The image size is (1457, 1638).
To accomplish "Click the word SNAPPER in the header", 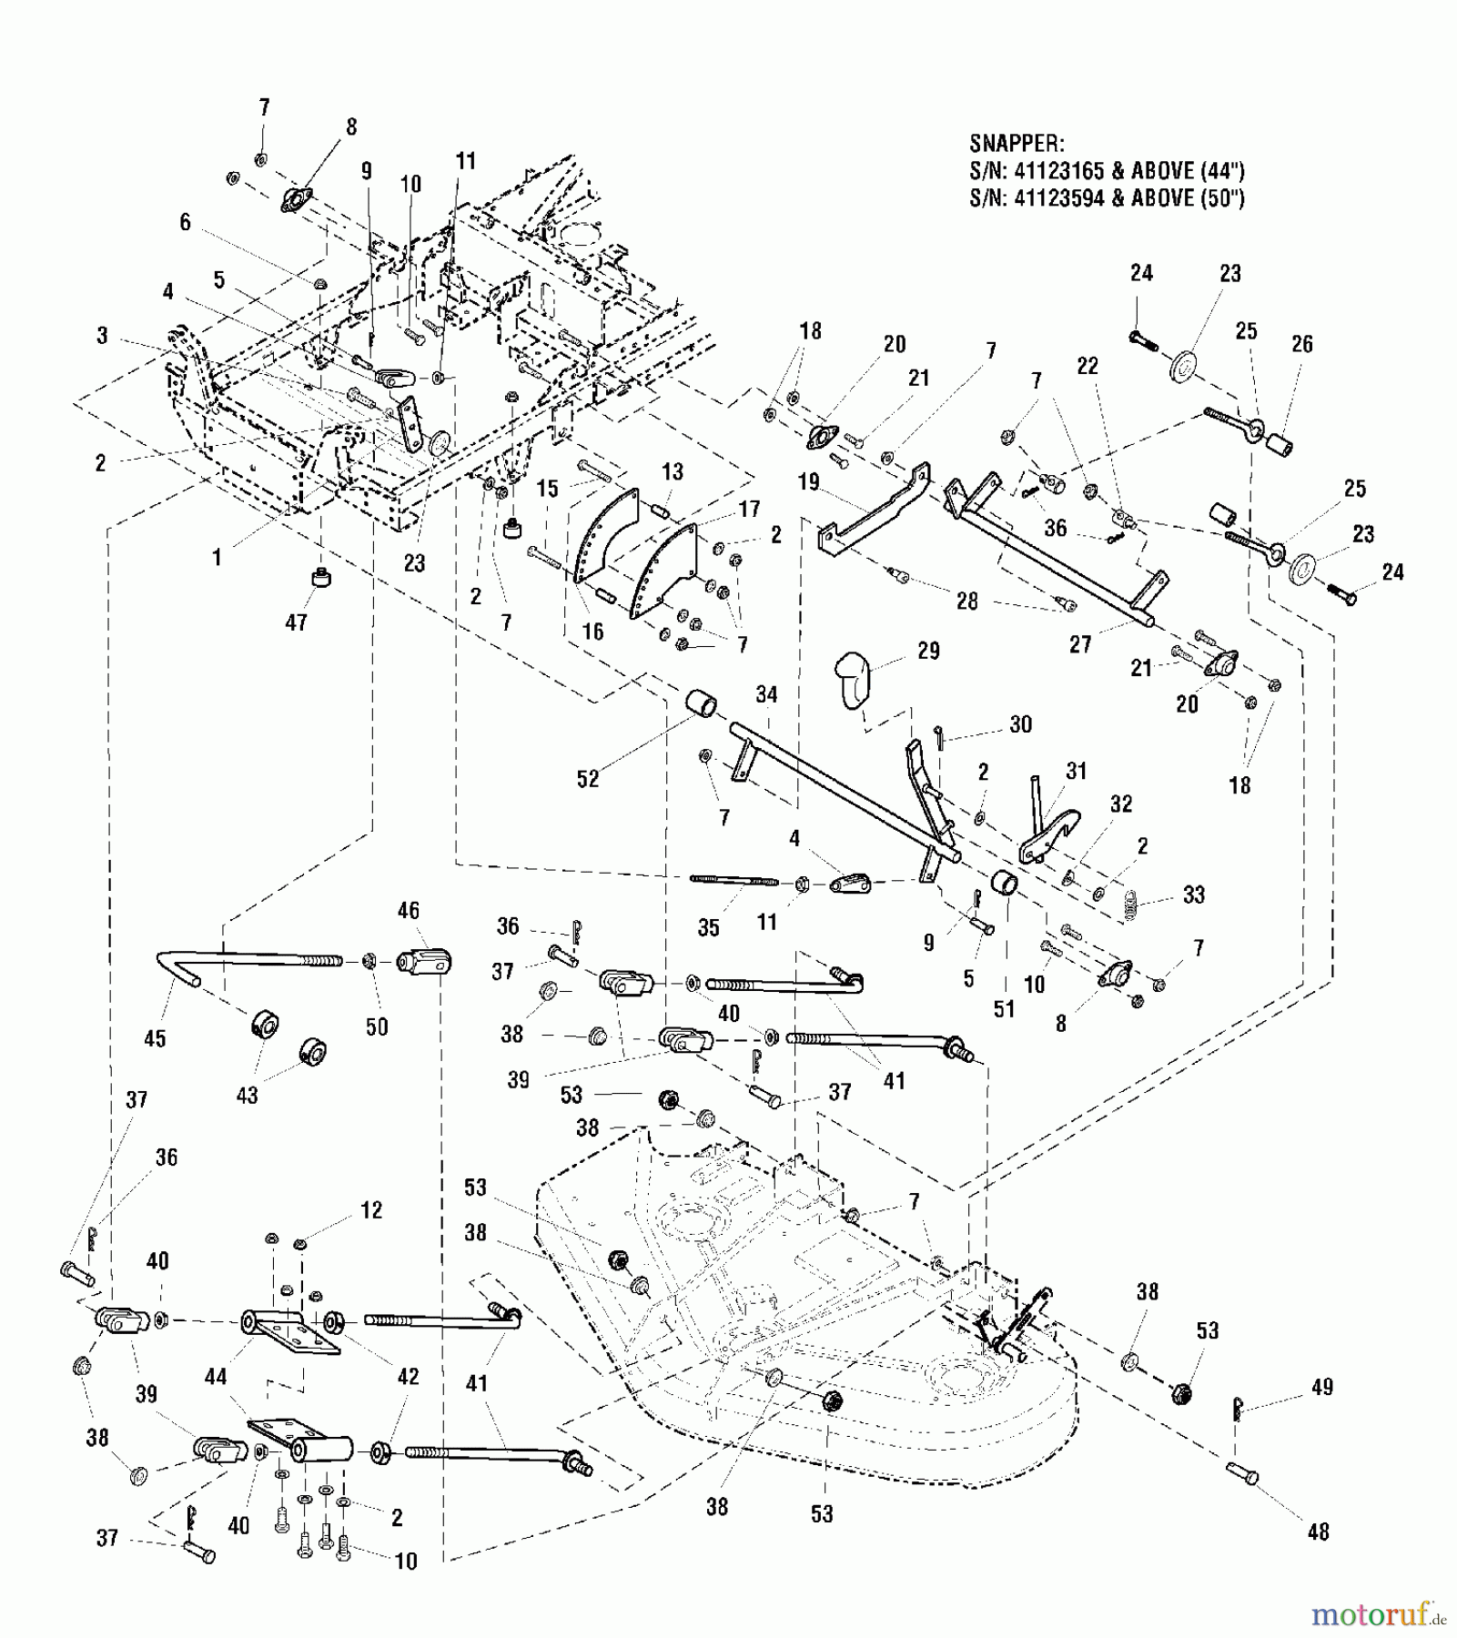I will (1015, 145).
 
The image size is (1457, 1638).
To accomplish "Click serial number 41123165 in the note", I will (1059, 171).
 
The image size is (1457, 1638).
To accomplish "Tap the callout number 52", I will (588, 779).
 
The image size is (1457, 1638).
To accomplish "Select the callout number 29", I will (928, 651).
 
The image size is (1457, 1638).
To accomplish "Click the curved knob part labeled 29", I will (853, 676).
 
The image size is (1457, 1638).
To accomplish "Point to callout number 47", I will (297, 622).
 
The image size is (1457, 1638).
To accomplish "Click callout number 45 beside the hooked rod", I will (156, 1038).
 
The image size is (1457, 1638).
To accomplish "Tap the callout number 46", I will (409, 910).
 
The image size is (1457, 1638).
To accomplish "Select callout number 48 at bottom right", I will (1318, 1532).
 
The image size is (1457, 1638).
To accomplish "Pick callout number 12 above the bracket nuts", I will (371, 1210).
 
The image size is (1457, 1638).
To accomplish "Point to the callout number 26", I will (1302, 344).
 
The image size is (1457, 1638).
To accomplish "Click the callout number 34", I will (766, 695).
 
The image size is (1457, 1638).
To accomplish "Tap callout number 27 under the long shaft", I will (1080, 644).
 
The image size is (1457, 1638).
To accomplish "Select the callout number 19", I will (809, 482).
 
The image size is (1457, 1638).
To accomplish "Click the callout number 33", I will (1193, 895).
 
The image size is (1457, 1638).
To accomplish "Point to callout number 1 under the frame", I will (217, 557).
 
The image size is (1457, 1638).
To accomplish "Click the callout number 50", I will (377, 1026).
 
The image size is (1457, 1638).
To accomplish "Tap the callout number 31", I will (1077, 771).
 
